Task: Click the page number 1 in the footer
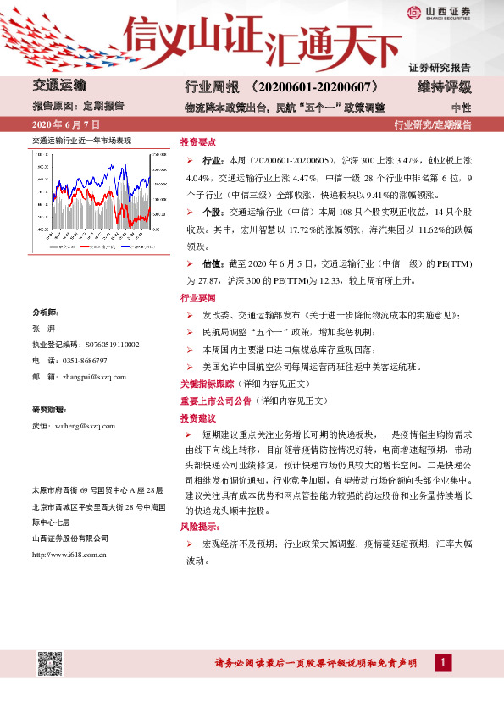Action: (442, 662)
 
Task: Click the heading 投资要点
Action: (198, 142)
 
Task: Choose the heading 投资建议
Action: (198, 418)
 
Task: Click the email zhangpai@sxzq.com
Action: (95, 377)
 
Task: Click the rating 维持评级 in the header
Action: (445, 88)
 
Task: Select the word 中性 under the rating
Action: (461, 108)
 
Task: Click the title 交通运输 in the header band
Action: (59, 86)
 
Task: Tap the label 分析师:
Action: (46, 312)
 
